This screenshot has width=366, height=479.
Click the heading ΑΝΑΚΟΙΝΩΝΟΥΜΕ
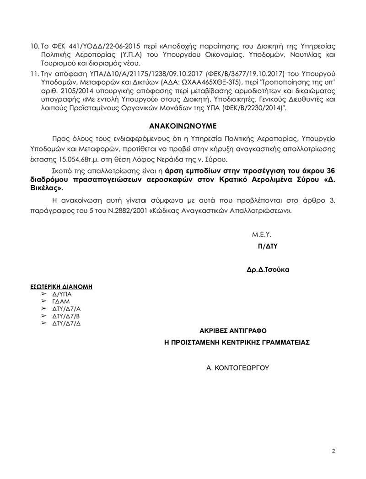click(183, 124)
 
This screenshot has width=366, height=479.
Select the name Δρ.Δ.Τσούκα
click(268, 269)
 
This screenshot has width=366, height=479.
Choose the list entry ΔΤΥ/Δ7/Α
click(65, 310)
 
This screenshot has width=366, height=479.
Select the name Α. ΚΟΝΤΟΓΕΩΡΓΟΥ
click(237, 367)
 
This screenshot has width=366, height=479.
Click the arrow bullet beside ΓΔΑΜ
click(44, 303)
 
